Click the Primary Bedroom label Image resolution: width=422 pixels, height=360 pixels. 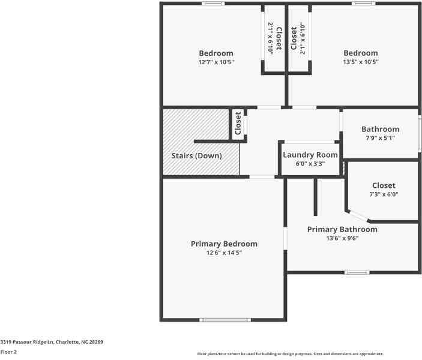point(224,244)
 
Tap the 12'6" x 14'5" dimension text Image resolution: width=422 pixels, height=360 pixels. point(224,253)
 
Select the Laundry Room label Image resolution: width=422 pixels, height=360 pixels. point(310,155)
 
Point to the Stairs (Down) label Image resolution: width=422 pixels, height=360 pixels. point(196,156)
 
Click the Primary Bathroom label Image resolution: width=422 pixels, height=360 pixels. point(342,229)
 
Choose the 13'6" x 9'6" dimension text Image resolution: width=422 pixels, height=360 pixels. point(342,238)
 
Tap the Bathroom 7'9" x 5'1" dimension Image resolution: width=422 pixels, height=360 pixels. point(380,139)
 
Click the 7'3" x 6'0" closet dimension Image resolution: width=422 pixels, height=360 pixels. point(384,194)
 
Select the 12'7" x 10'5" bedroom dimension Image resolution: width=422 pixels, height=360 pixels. point(216,62)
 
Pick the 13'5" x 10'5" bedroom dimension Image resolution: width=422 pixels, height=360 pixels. point(360,62)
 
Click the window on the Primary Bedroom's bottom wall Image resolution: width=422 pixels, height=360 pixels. point(225,320)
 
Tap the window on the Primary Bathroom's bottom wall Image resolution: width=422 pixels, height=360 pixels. point(357,272)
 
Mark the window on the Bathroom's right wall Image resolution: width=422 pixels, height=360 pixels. point(419,134)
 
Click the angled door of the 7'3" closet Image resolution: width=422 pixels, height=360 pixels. point(359,215)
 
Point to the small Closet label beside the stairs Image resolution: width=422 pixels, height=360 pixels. point(238,123)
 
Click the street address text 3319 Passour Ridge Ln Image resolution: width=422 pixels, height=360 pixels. point(52,342)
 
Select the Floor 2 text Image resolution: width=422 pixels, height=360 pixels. point(8,352)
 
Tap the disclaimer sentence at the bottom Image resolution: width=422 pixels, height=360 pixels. point(291,354)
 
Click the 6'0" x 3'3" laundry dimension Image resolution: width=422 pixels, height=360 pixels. point(310,163)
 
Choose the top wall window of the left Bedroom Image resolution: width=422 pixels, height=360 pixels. point(213,4)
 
